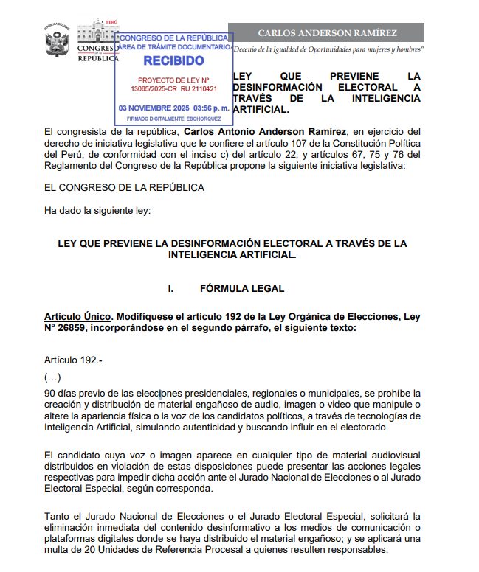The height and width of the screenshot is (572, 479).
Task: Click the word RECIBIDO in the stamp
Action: [x=173, y=60]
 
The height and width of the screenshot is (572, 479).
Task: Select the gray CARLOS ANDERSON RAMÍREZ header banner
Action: [x=328, y=33]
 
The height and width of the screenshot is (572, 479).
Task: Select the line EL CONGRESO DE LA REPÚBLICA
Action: [x=124, y=188]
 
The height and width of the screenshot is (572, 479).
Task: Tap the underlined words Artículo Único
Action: [x=77, y=317]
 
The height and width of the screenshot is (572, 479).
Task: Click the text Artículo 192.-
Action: [x=75, y=360]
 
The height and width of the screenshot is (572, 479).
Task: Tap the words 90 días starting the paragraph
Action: [x=61, y=393]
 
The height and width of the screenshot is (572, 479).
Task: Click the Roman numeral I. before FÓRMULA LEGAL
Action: [x=170, y=288]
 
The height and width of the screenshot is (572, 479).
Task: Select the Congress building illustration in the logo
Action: [x=97, y=34]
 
